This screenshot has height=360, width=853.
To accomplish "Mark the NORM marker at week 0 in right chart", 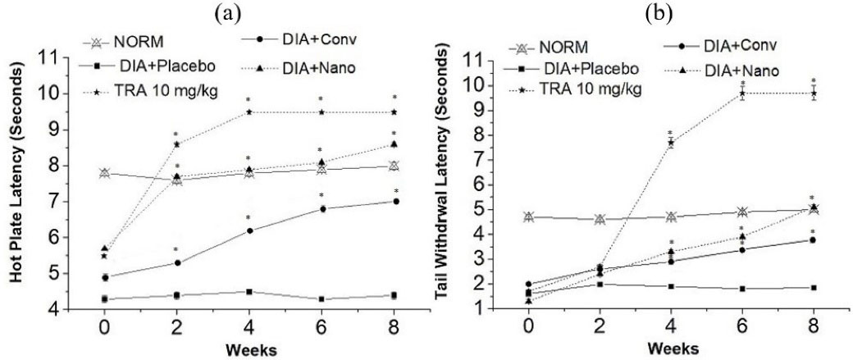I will [529, 217].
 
